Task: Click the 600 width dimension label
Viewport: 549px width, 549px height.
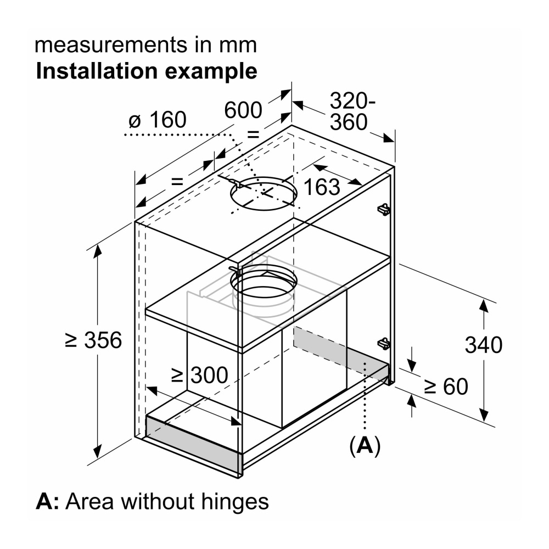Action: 243,110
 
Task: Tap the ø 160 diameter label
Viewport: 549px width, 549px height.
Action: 157,120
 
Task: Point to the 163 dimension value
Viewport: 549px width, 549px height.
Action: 322,187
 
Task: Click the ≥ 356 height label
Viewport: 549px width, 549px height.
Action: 93,340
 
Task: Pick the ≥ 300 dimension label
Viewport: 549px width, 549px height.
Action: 199,375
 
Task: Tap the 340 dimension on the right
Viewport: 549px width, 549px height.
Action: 483,345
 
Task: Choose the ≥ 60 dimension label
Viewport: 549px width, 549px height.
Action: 446,387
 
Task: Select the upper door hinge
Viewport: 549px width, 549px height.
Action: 384,209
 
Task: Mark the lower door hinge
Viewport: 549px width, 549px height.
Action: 384,343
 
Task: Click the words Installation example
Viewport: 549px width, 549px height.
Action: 146,71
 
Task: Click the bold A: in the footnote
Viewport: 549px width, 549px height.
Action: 47,501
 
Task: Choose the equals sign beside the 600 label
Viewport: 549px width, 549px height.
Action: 253,134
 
